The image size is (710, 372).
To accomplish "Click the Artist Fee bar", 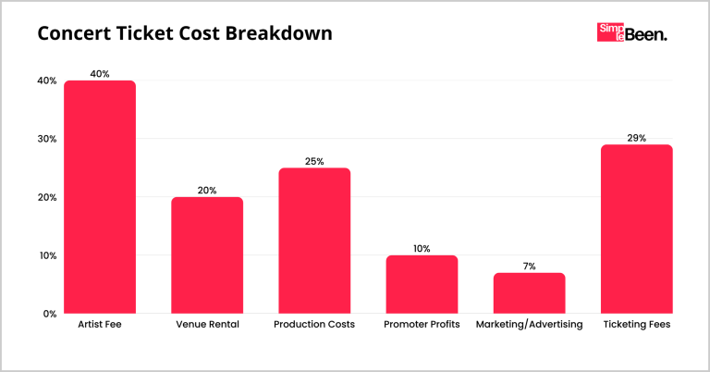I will coord(99,197).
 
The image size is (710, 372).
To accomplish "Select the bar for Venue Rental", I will coord(207,255).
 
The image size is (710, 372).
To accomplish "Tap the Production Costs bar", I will coord(314,241).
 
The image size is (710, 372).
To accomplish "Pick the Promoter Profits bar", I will coord(422,284).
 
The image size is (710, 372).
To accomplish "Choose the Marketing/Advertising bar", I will coord(529,293).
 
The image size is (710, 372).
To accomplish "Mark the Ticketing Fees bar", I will coord(636,229).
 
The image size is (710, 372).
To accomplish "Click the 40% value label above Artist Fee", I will coord(99,73).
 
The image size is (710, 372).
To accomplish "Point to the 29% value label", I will coord(636,137).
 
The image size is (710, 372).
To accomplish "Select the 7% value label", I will coord(529,266).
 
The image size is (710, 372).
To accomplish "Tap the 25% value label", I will coord(314,161).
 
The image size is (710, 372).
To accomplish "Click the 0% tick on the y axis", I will coord(48,314).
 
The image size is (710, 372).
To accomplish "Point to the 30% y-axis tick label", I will coord(45,139).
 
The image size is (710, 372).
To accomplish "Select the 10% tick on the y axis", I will coord(45,255).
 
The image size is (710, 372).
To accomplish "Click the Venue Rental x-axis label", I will coord(207,326).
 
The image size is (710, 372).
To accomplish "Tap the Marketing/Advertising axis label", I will coord(529,326).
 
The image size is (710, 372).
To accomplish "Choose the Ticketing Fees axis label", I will coord(636,326).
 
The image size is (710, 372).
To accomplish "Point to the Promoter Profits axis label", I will coord(422,326).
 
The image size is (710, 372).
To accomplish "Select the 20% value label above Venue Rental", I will coord(207,190).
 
